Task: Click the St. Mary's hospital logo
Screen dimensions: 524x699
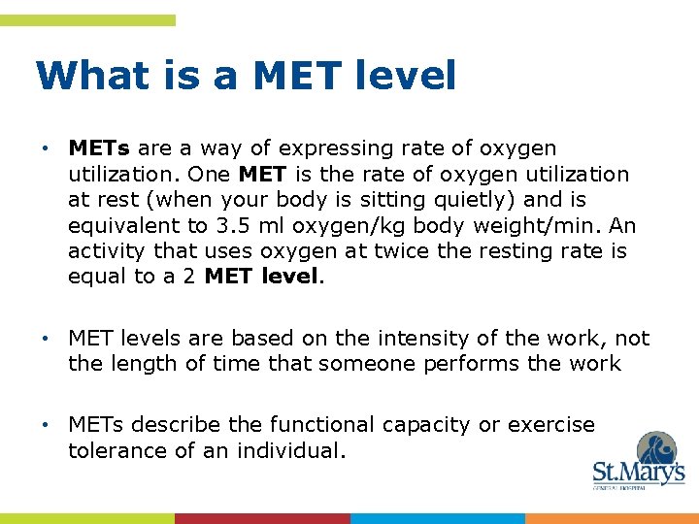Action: coord(638,462)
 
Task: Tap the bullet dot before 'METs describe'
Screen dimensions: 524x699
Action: coord(46,425)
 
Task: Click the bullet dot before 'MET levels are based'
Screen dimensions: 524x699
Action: coord(46,339)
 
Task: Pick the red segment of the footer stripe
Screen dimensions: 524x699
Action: coord(262,518)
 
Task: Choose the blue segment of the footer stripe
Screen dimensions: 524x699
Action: coord(437,518)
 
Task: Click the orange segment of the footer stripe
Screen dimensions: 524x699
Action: coord(612,518)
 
